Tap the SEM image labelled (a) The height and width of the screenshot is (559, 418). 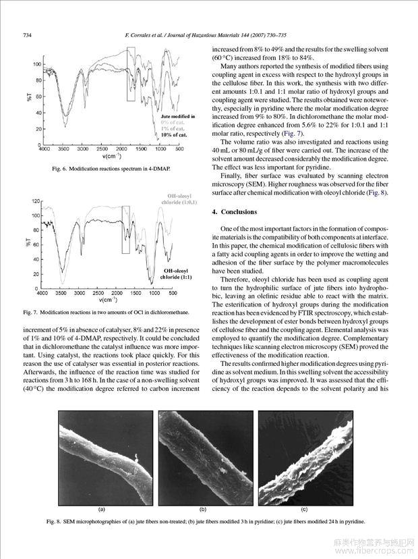102,457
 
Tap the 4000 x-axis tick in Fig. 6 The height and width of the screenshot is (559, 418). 45,149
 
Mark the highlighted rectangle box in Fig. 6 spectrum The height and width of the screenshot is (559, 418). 131,74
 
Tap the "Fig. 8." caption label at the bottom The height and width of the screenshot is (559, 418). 54,522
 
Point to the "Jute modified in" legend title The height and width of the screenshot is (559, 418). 178,116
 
